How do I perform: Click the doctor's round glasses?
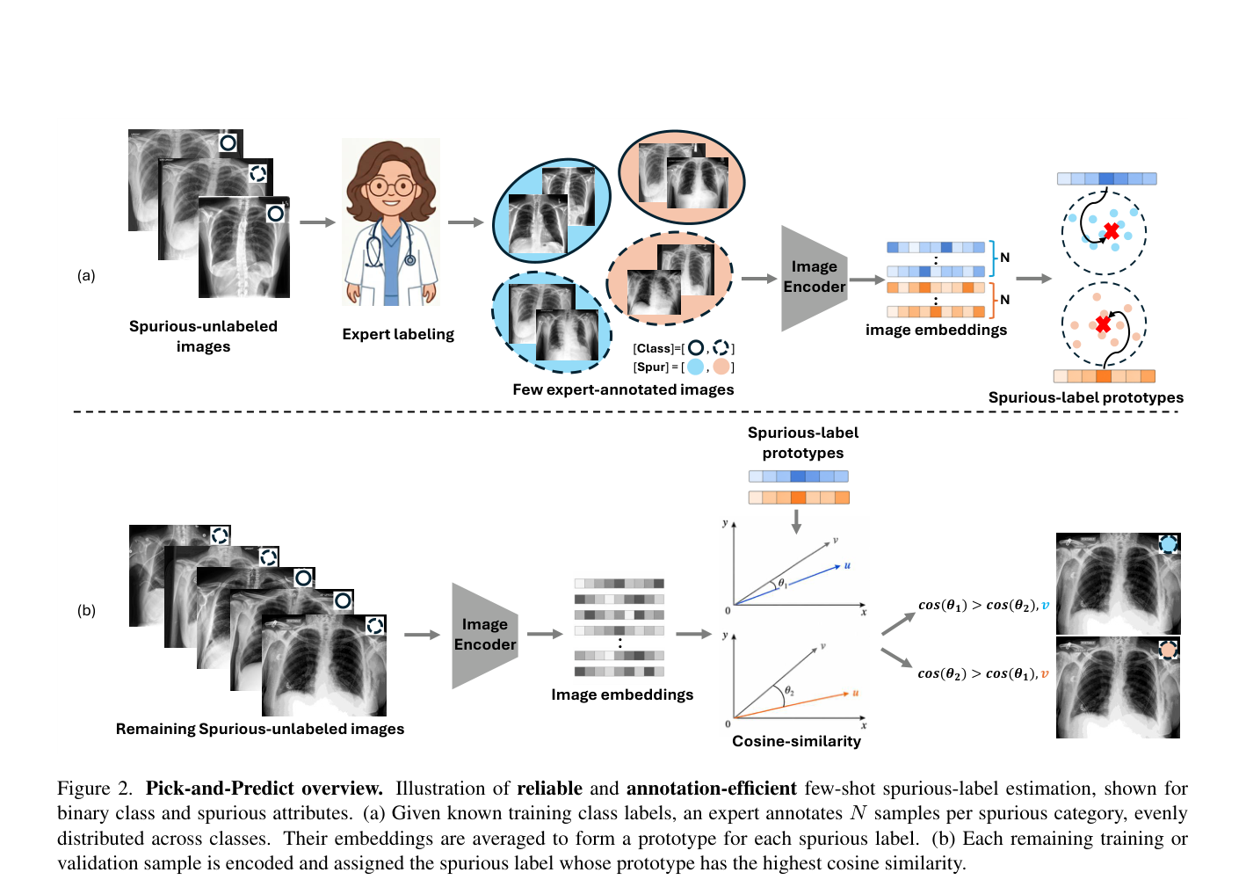click(392, 187)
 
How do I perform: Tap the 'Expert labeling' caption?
click(398, 334)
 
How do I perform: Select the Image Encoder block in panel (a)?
click(815, 278)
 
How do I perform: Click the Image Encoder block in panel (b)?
click(485, 636)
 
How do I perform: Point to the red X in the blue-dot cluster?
click(1112, 231)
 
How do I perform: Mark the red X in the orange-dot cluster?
click(1103, 324)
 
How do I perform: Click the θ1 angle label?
click(782, 583)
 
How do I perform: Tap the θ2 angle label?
click(789, 691)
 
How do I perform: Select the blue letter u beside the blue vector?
click(847, 565)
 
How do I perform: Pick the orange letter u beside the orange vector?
click(856, 693)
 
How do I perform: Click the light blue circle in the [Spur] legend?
click(695, 367)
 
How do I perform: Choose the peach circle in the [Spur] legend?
click(721, 367)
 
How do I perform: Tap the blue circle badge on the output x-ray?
click(1168, 543)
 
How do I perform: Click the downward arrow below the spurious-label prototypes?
click(797, 521)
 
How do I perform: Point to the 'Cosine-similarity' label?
click(797, 741)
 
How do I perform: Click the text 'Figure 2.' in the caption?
click(95, 789)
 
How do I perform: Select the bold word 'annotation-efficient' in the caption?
click(712, 789)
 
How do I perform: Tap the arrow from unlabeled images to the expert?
click(317, 222)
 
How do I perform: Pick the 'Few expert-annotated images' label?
click(623, 389)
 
